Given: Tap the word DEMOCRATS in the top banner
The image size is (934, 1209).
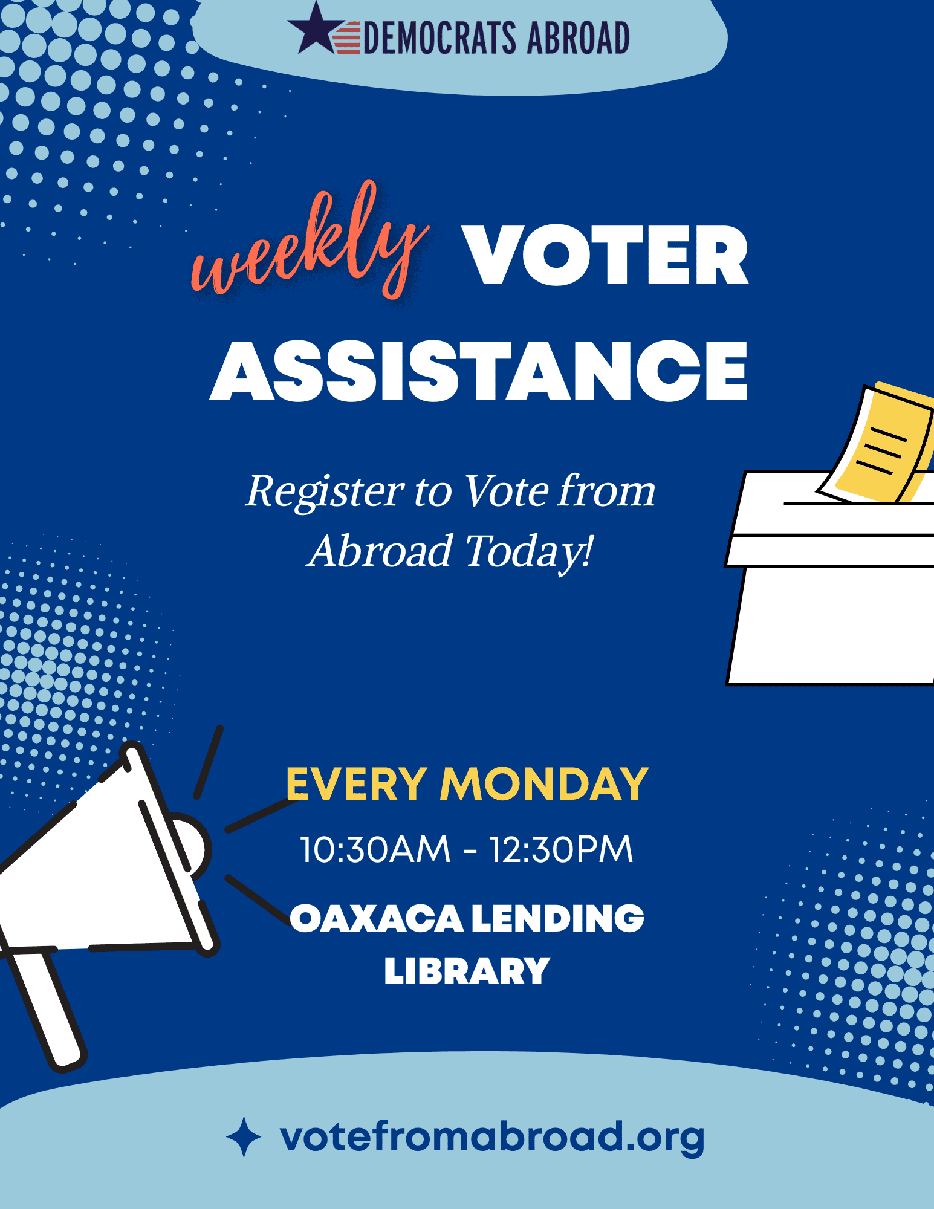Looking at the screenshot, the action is click(x=440, y=37).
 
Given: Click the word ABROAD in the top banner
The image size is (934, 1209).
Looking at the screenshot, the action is click(x=579, y=37).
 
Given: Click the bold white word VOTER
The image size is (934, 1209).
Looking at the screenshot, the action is click(x=605, y=255).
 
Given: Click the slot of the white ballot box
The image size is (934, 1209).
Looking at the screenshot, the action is click(x=858, y=503).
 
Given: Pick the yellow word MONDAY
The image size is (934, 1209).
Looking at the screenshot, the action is click(x=544, y=784).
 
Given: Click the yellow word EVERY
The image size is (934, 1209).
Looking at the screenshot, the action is click(x=357, y=784).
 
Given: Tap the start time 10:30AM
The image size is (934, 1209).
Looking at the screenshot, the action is click(x=375, y=849).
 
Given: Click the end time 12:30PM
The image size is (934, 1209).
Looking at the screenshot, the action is click(x=561, y=849).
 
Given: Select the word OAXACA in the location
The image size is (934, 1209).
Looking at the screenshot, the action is click(x=377, y=918).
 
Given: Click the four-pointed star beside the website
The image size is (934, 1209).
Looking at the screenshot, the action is click(x=244, y=1137).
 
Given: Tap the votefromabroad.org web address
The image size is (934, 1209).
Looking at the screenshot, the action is click(x=492, y=1137).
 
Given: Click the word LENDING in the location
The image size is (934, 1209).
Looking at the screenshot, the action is click(x=557, y=918).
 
